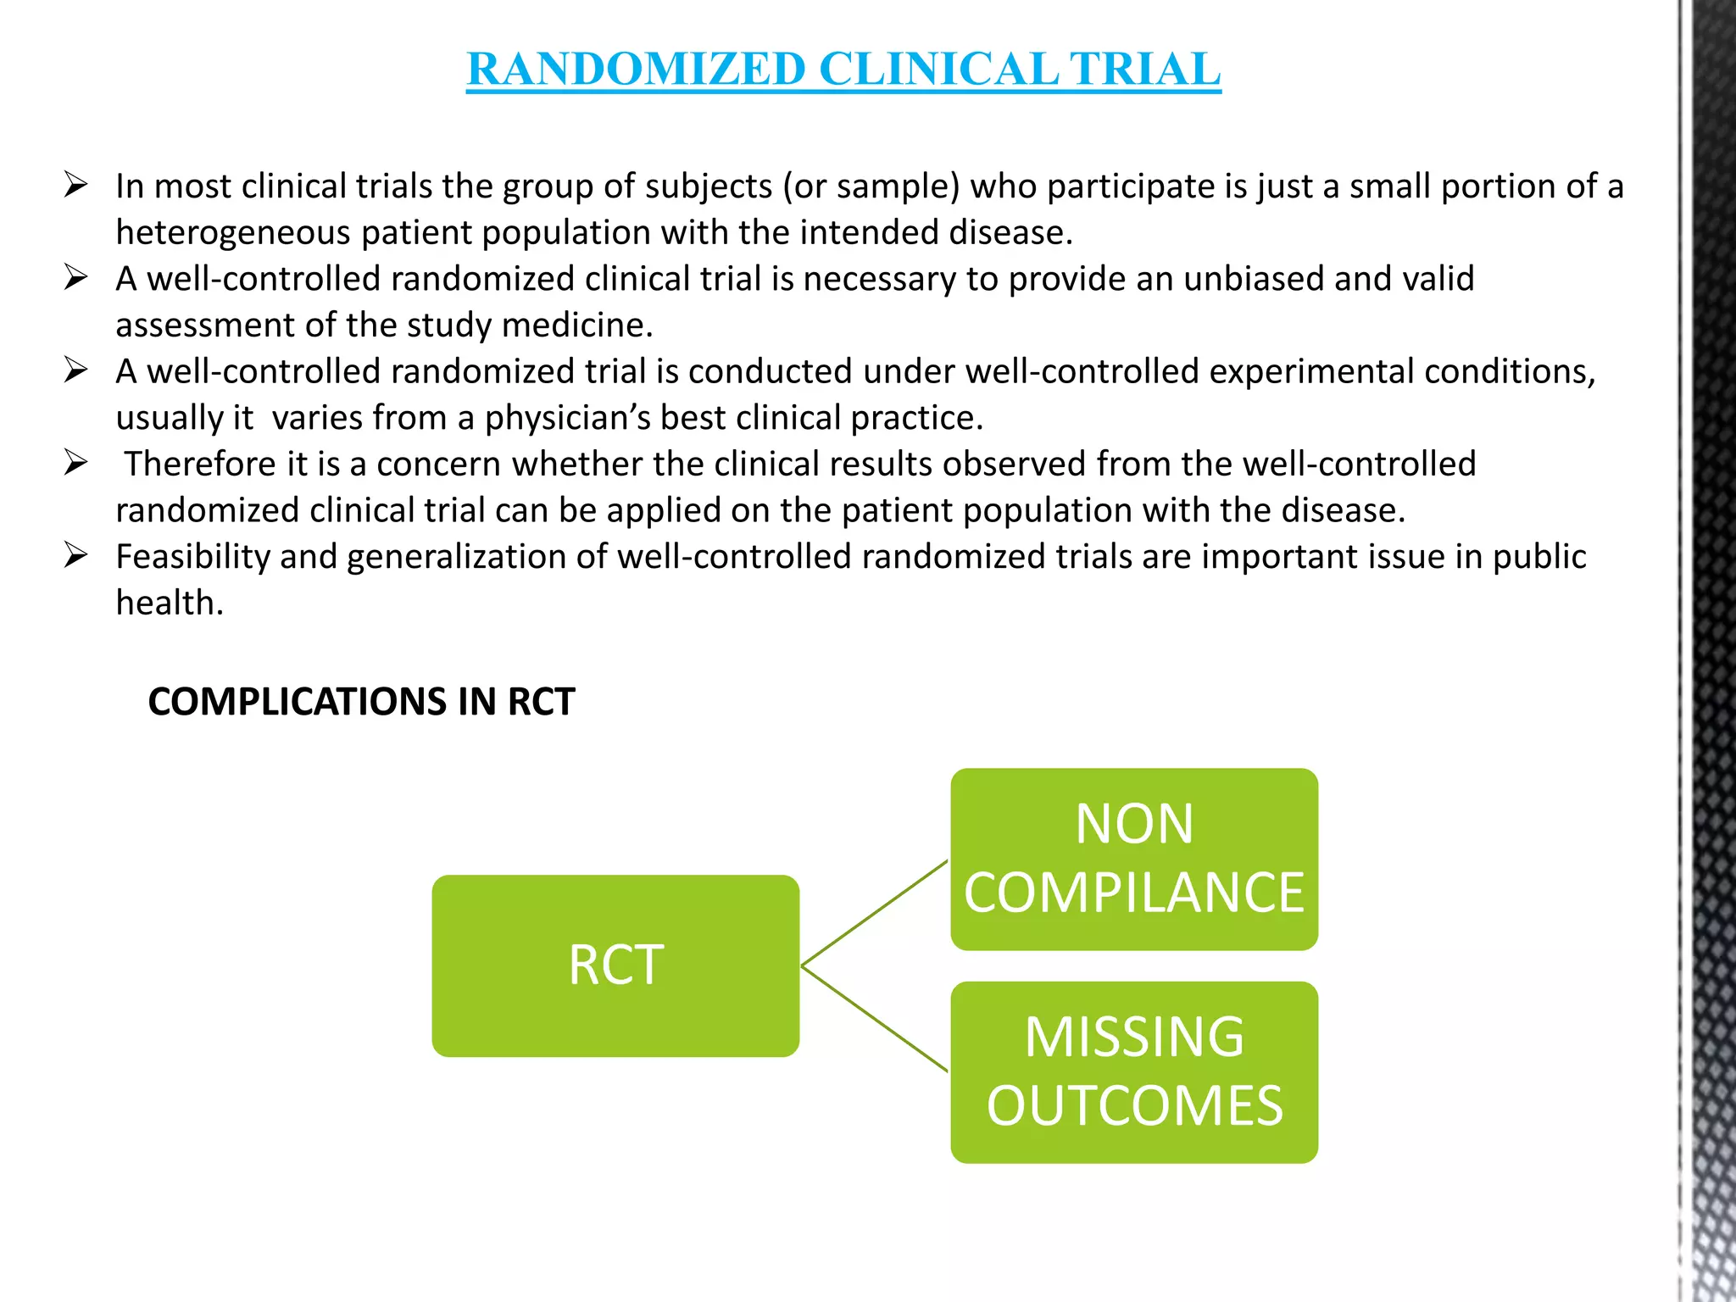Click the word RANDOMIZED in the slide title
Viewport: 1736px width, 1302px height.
636,69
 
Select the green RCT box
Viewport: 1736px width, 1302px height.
615,965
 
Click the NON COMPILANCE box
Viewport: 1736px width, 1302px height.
1134,859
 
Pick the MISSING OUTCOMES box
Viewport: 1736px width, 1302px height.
1134,1072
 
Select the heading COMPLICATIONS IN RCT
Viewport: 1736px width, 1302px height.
361,702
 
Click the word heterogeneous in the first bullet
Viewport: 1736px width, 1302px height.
233,232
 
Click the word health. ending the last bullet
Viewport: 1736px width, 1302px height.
170,603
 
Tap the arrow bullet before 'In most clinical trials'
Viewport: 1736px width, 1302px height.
75,185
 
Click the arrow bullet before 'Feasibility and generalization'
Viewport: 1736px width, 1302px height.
75,555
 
